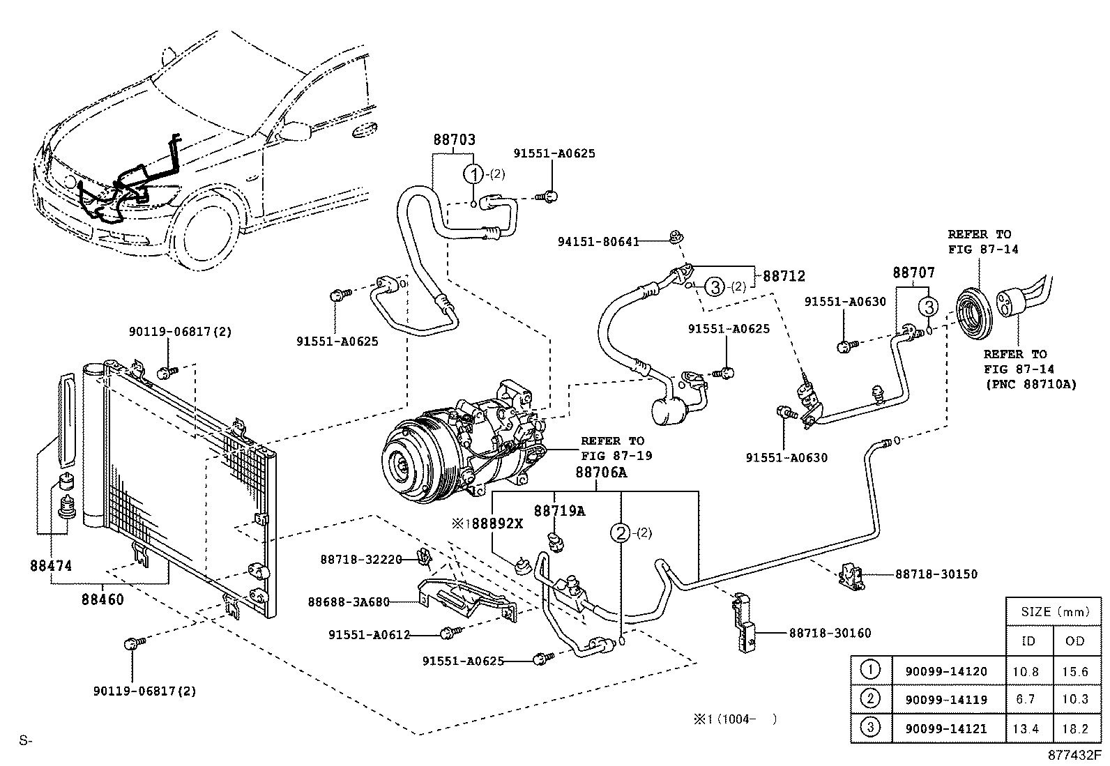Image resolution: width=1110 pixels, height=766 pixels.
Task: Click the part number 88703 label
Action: tap(454, 139)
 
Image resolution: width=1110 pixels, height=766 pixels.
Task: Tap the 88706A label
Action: tap(601, 473)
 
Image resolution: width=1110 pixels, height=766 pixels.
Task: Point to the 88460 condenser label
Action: tap(102, 599)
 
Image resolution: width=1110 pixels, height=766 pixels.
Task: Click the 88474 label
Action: tap(51, 566)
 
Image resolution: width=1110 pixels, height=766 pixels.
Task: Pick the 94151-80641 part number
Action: tap(598, 242)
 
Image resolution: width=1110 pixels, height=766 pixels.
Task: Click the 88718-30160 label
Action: tap(830, 633)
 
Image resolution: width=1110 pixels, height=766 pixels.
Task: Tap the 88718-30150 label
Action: tap(936, 574)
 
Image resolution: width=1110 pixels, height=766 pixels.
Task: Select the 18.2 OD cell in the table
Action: tap(1075, 728)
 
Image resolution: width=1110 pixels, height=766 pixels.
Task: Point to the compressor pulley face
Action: tap(404, 463)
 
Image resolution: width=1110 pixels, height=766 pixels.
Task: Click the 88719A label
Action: tap(559, 511)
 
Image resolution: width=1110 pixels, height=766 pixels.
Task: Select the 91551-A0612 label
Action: tap(369, 634)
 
